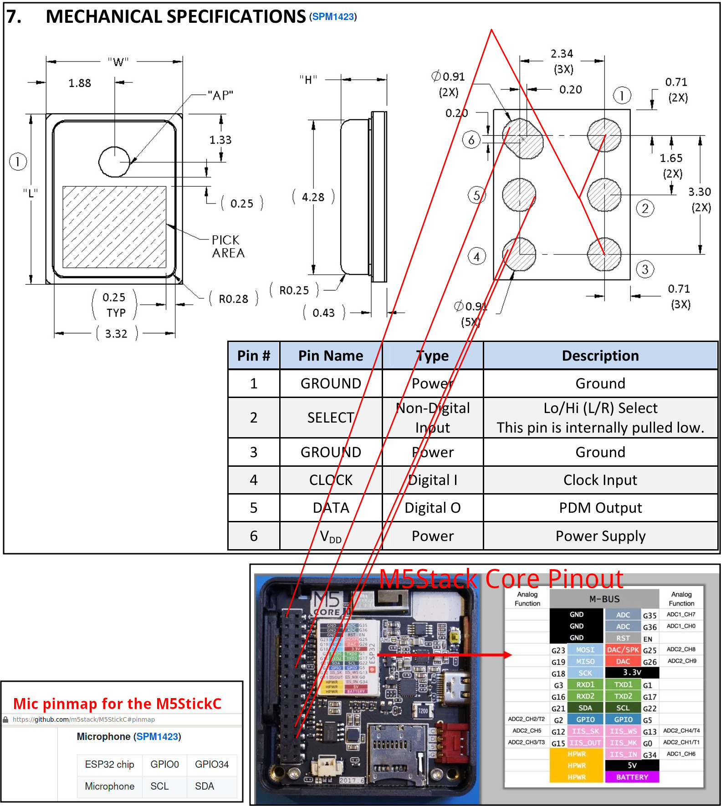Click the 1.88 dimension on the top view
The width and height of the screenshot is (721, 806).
click(x=80, y=83)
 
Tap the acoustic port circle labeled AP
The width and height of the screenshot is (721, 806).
click(x=114, y=162)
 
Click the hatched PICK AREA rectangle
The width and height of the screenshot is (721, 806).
click(x=114, y=227)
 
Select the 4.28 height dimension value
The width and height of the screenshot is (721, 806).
click(x=313, y=197)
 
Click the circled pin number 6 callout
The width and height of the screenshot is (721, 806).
click(x=471, y=140)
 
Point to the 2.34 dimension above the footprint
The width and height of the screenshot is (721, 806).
click(x=562, y=54)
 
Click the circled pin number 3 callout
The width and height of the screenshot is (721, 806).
click(x=645, y=269)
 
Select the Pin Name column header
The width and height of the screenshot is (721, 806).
click(x=331, y=356)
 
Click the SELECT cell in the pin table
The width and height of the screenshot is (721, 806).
click(x=331, y=418)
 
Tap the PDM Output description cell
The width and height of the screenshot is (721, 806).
click(x=600, y=508)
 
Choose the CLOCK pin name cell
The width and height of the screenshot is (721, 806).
click(x=331, y=480)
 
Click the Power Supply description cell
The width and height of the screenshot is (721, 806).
click(x=600, y=536)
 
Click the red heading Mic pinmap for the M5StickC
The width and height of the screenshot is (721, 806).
click(x=117, y=704)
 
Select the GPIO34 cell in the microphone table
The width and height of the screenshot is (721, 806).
click(x=212, y=764)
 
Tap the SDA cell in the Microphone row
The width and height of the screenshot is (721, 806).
click(x=205, y=786)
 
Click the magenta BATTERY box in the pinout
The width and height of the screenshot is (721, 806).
click(x=632, y=777)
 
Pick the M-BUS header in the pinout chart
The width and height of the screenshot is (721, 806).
click(x=604, y=599)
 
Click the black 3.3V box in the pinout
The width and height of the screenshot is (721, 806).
click(x=632, y=672)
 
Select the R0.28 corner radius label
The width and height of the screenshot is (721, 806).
click(x=233, y=299)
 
